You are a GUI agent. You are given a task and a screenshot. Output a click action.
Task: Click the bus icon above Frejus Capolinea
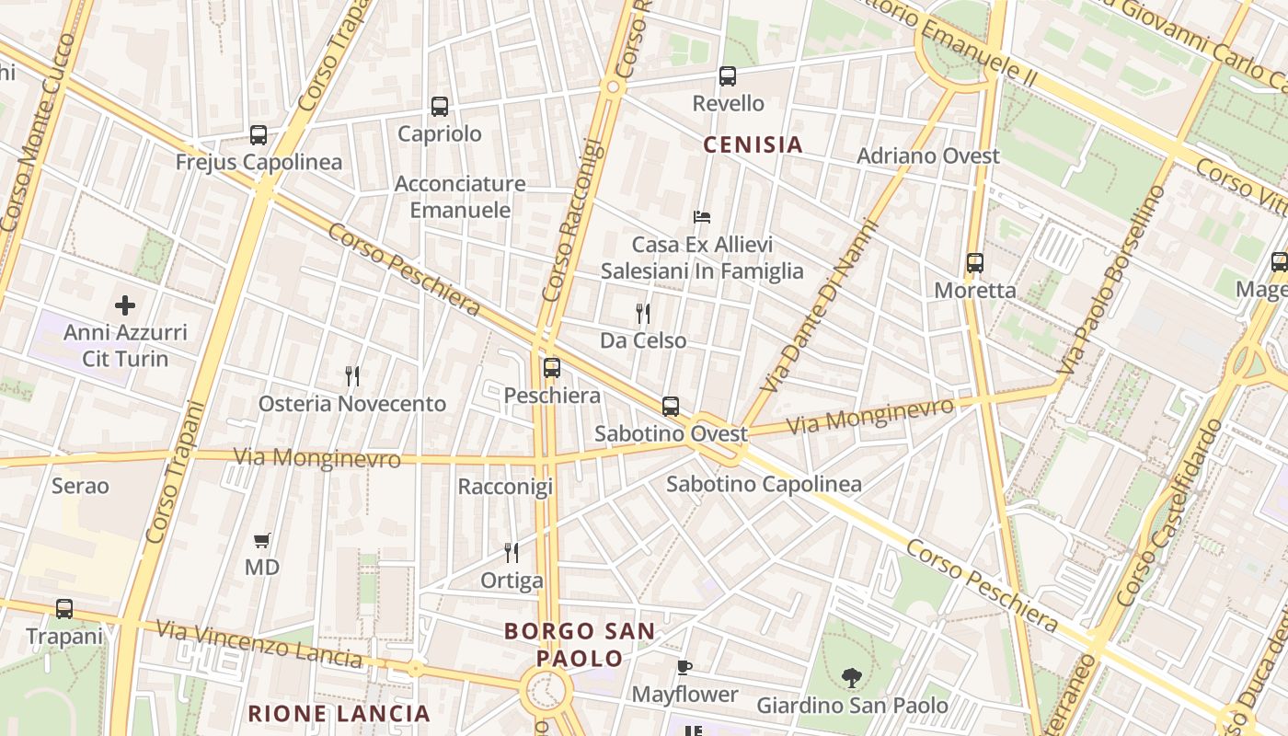[x=259, y=135]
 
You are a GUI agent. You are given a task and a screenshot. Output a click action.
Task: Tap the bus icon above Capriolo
[x=440, y=107]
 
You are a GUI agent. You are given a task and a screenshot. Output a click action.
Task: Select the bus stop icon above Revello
[x=728, y=76]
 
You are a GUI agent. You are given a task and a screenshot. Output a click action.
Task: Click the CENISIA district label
[x=753, y=144]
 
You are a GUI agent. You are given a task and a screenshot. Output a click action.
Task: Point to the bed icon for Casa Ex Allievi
[x=702, y=217]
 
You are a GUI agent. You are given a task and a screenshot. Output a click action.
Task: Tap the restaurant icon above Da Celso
[x=643, y=314]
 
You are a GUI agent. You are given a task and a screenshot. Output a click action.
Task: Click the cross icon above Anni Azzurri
[x=125, y=305]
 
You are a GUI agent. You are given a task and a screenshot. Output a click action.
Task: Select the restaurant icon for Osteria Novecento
[x=351, y=375]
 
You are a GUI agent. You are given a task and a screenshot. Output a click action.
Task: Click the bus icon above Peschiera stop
[x=552, y=368]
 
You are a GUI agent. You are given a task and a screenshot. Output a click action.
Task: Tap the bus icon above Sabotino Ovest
[x=671, y=406]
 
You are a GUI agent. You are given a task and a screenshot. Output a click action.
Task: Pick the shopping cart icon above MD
[x=262, y=540]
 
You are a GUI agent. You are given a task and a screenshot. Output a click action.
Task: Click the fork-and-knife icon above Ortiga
[x=512, y=553]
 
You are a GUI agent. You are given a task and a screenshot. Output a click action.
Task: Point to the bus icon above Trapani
[x=63, y=609]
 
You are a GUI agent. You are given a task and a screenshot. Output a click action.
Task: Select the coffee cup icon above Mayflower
[x=684, y=667]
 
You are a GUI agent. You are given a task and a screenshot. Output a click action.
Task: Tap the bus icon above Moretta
[x=975, y=263]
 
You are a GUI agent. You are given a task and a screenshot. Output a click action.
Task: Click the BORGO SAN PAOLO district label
[x=581, y=645]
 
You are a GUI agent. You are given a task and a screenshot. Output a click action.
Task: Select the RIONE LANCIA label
[x=339, y=713]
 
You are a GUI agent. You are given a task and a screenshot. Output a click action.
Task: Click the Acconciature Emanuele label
[x=460, y=197]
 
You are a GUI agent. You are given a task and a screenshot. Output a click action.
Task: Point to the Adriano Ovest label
[x=927, y=156]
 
